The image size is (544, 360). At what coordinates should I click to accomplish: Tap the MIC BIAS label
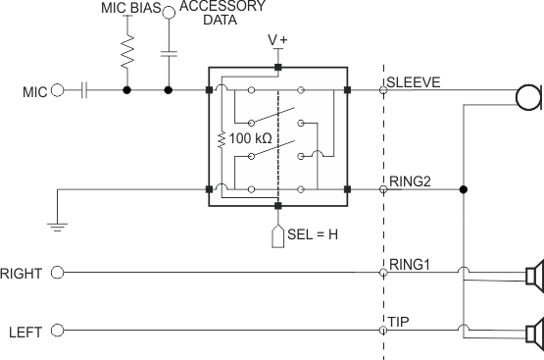[130, 8]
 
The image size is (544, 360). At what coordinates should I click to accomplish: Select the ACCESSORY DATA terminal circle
[169, 12]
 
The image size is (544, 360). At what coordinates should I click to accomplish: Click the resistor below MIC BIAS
[126, 52]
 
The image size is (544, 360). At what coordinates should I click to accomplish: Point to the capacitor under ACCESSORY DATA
[169, 52]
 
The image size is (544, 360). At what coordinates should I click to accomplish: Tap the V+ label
[278, 41]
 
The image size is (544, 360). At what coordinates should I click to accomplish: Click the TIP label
[397, 321]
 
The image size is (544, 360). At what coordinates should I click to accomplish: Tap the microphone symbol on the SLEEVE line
[530, 96]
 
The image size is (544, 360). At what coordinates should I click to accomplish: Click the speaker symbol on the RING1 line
[532, 278]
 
